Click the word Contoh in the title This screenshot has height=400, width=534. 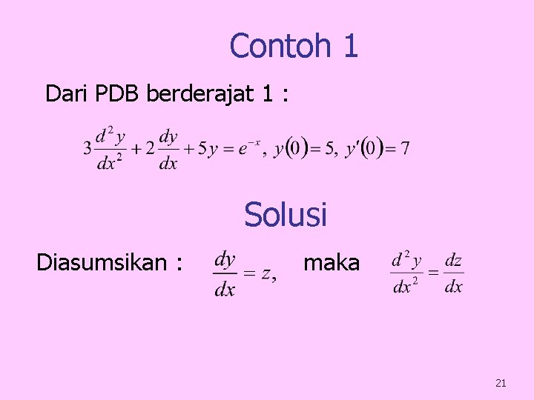pyautogui.click(x=280, y=46)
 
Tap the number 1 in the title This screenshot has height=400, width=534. pyautogui.click(x=350, y=46)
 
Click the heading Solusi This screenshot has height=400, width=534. pyautogui.click(x=286, y=216)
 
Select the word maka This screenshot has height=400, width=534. pyautogui.click(x=332, y=262)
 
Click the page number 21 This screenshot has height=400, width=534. pyautogui.click(x=501, y=383)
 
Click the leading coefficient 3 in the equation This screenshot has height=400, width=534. pyautogui.click(x=88, y=149)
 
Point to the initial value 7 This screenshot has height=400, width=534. pyautogui.click(x=405, y=149)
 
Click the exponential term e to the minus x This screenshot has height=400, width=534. pyautogui.click(x=248, y=147)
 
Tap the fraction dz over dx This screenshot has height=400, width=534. pyautogui.click(x=454, y=273)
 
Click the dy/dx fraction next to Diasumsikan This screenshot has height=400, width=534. pyautogui.click(x=225, y=274)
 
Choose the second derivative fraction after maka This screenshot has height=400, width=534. pyautogui.click(x=406, y=273)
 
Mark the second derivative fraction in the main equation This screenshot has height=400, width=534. pyautogui.click(x=111, y=149)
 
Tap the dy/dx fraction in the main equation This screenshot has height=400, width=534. pyautogui.click(x=169, y=149)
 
